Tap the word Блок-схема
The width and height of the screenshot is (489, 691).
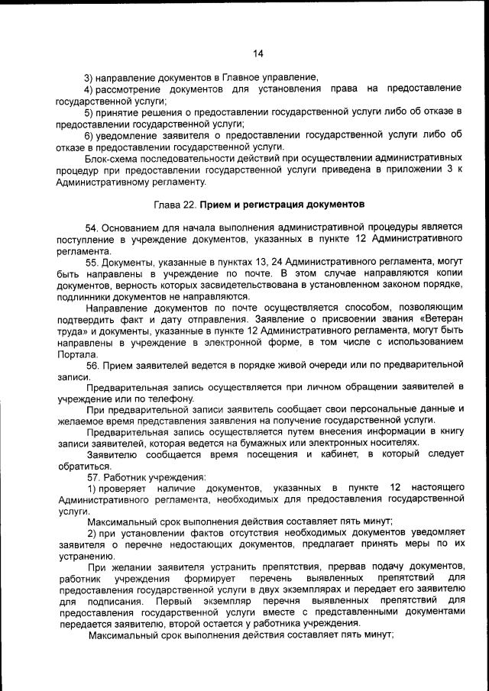coord(111,157)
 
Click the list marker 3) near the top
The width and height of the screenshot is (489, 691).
coord(89,77)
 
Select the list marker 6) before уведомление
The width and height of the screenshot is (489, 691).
coord(89,134)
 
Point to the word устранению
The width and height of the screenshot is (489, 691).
coord(86,557)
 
